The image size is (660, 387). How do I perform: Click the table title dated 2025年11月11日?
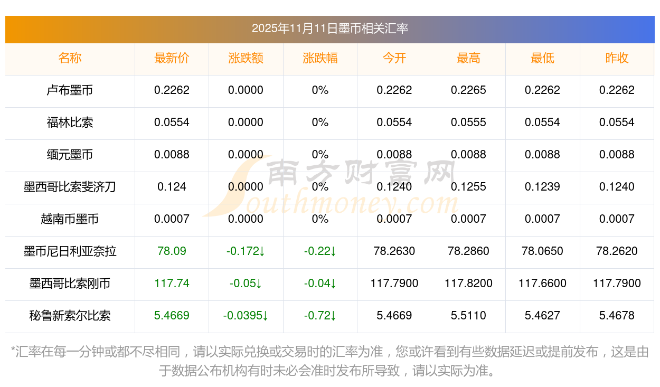click(x=329, y=29)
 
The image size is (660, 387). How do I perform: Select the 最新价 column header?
click(x=172, y=59)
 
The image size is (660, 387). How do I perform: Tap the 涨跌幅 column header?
click(x=320, y=59)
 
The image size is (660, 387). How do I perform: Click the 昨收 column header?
click(x=617, y=59)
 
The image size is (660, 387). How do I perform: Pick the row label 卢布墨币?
click(x=70, y=90)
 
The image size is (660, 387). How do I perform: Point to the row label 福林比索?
click(x=70, y=122)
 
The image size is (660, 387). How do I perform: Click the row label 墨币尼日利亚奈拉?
click(x=70, y=251)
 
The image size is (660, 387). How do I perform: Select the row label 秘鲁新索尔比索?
click(x=70, y=316)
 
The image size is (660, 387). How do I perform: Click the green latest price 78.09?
click(x=172, y=251)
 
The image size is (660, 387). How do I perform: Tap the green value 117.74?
click(x=172, y=284)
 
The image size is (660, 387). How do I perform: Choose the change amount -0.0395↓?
click(x=246, y=316)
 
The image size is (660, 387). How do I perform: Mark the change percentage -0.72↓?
click(x=320, y=316)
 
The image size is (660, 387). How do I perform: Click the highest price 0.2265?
click(x=468, y=90)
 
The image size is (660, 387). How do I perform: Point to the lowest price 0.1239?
click(x=542, y=187)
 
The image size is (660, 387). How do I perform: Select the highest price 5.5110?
click(x=468, y=316)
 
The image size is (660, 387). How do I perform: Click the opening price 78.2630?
click(x=394, y=251)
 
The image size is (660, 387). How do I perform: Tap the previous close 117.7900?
click(x=617, y=284)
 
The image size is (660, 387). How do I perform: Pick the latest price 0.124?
click(x=172, y=187)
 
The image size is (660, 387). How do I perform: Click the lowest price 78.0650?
click(x=542, y=251)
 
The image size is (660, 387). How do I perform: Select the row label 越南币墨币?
click(x=70, y=219)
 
